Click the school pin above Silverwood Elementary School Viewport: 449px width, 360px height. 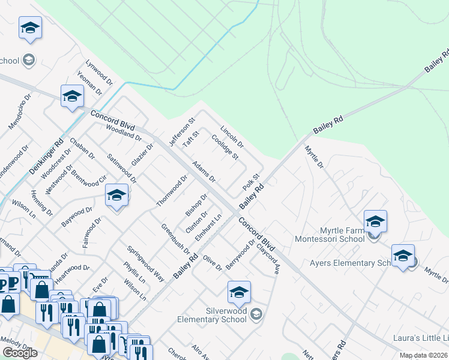point(239,293)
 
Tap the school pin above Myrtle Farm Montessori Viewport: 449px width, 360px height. point(375,221)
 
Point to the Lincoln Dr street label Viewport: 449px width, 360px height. point(232,137)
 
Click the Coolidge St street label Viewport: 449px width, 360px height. point(224,147)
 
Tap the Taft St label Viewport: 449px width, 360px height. point(190,143)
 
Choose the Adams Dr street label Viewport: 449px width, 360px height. point(203,171)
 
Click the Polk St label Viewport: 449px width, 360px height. point(250,182)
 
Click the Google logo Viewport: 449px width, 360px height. point(20,353)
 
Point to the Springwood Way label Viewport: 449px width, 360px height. point(145,263)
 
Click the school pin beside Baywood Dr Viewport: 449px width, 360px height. point(116,196)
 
